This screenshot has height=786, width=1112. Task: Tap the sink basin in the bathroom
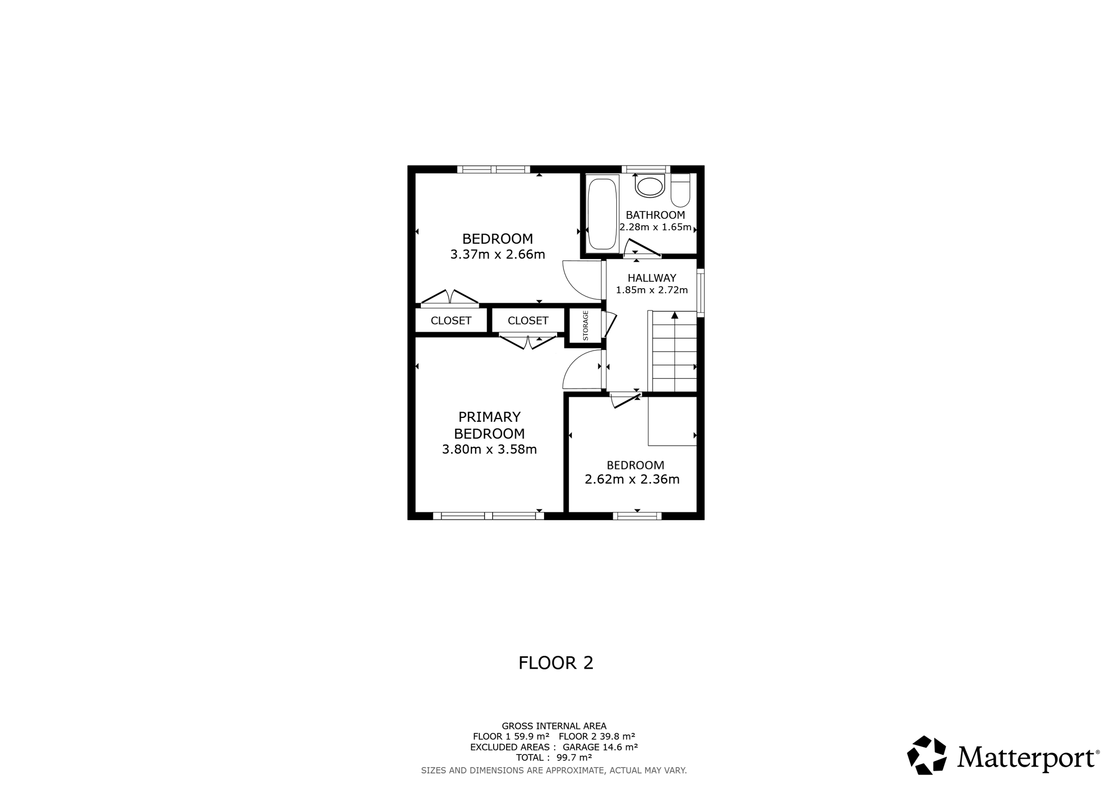coord(650,186)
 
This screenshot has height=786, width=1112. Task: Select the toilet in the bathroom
coord(680,190)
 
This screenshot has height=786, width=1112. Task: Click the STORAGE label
coord(585,325)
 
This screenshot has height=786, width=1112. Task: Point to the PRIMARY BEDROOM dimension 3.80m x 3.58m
coord(489,449)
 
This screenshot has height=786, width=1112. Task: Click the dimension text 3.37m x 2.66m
coord(497,255)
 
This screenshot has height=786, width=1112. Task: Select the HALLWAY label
coord(652,278)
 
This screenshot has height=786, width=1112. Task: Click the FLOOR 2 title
coord(556,663)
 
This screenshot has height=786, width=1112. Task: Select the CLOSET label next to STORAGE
coord(528,321)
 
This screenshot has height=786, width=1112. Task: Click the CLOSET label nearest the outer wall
coord(451,321)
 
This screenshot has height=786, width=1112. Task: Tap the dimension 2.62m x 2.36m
coord(632,479)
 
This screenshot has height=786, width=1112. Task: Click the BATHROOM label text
coord(655,215)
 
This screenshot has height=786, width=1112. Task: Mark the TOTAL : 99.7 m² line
coord(554,757)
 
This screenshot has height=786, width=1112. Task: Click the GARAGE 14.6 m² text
coord(600,747)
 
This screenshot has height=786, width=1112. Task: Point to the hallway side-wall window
coord(700,293)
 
